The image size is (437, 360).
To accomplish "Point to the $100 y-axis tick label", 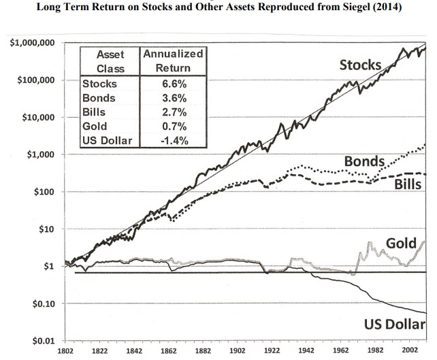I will click(x=42, y=192).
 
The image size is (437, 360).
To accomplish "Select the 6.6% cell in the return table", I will click(x=173, y=84).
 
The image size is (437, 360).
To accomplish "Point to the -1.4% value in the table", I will click(x=173, y=141).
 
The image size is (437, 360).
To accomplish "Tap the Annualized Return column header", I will click(x=173, y=61).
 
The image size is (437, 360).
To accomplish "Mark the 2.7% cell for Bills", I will click(x=173, y=112).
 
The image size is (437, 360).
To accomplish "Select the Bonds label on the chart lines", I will click(x=365, y=162).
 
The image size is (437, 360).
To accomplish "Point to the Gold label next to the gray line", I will click(x=400, y=243).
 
